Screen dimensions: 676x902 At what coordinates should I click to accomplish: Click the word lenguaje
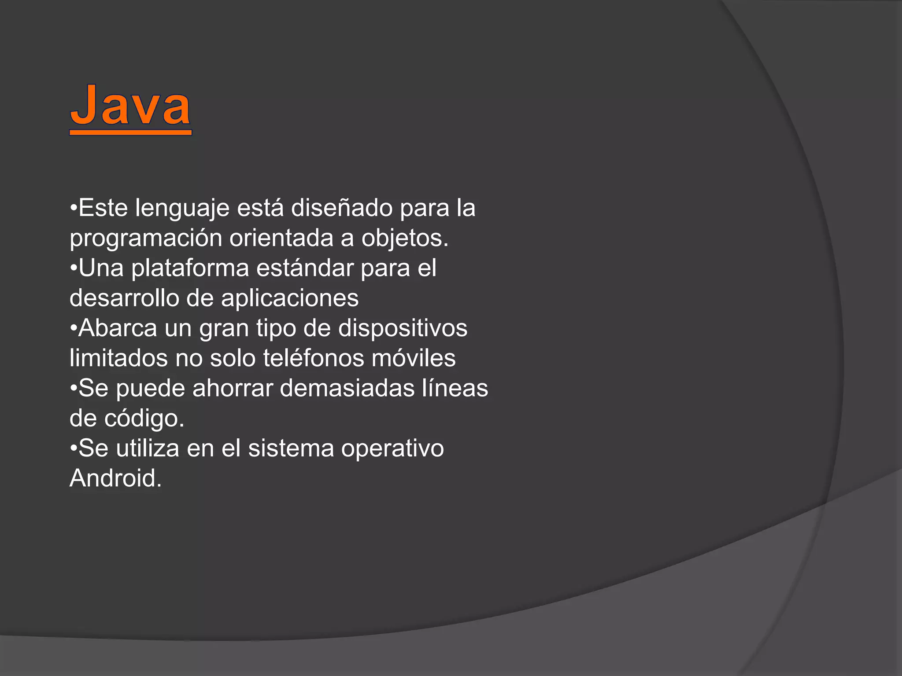(182, 208)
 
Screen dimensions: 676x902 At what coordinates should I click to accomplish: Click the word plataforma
(190, 268)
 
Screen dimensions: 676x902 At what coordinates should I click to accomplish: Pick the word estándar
(305, 268)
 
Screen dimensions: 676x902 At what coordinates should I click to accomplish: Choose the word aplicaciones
(290, 298)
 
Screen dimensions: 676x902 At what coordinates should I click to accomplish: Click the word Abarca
(118, 328)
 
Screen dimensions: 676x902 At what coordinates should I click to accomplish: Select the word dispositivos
(403, 328)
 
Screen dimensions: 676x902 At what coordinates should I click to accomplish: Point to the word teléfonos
(314, 358)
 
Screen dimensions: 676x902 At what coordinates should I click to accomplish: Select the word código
(144, 419)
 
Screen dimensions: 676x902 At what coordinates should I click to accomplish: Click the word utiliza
(148, 448)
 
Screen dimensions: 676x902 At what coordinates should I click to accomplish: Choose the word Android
(115, 478)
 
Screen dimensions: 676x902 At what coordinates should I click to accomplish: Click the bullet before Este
(74, 208)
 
